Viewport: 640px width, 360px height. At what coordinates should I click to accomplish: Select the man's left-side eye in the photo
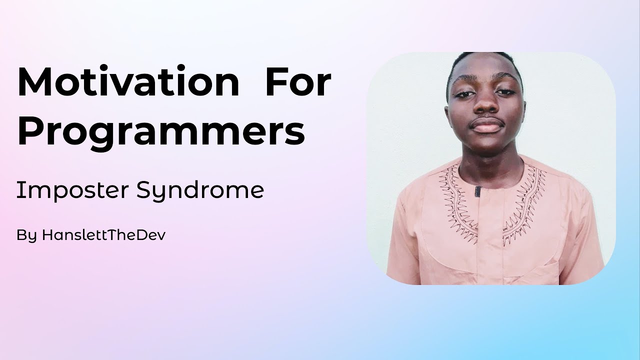tap(464, 93)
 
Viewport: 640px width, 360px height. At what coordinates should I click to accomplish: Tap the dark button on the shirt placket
tap(478, 191)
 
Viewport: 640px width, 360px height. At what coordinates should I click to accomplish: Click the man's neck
tap(487, 157)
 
